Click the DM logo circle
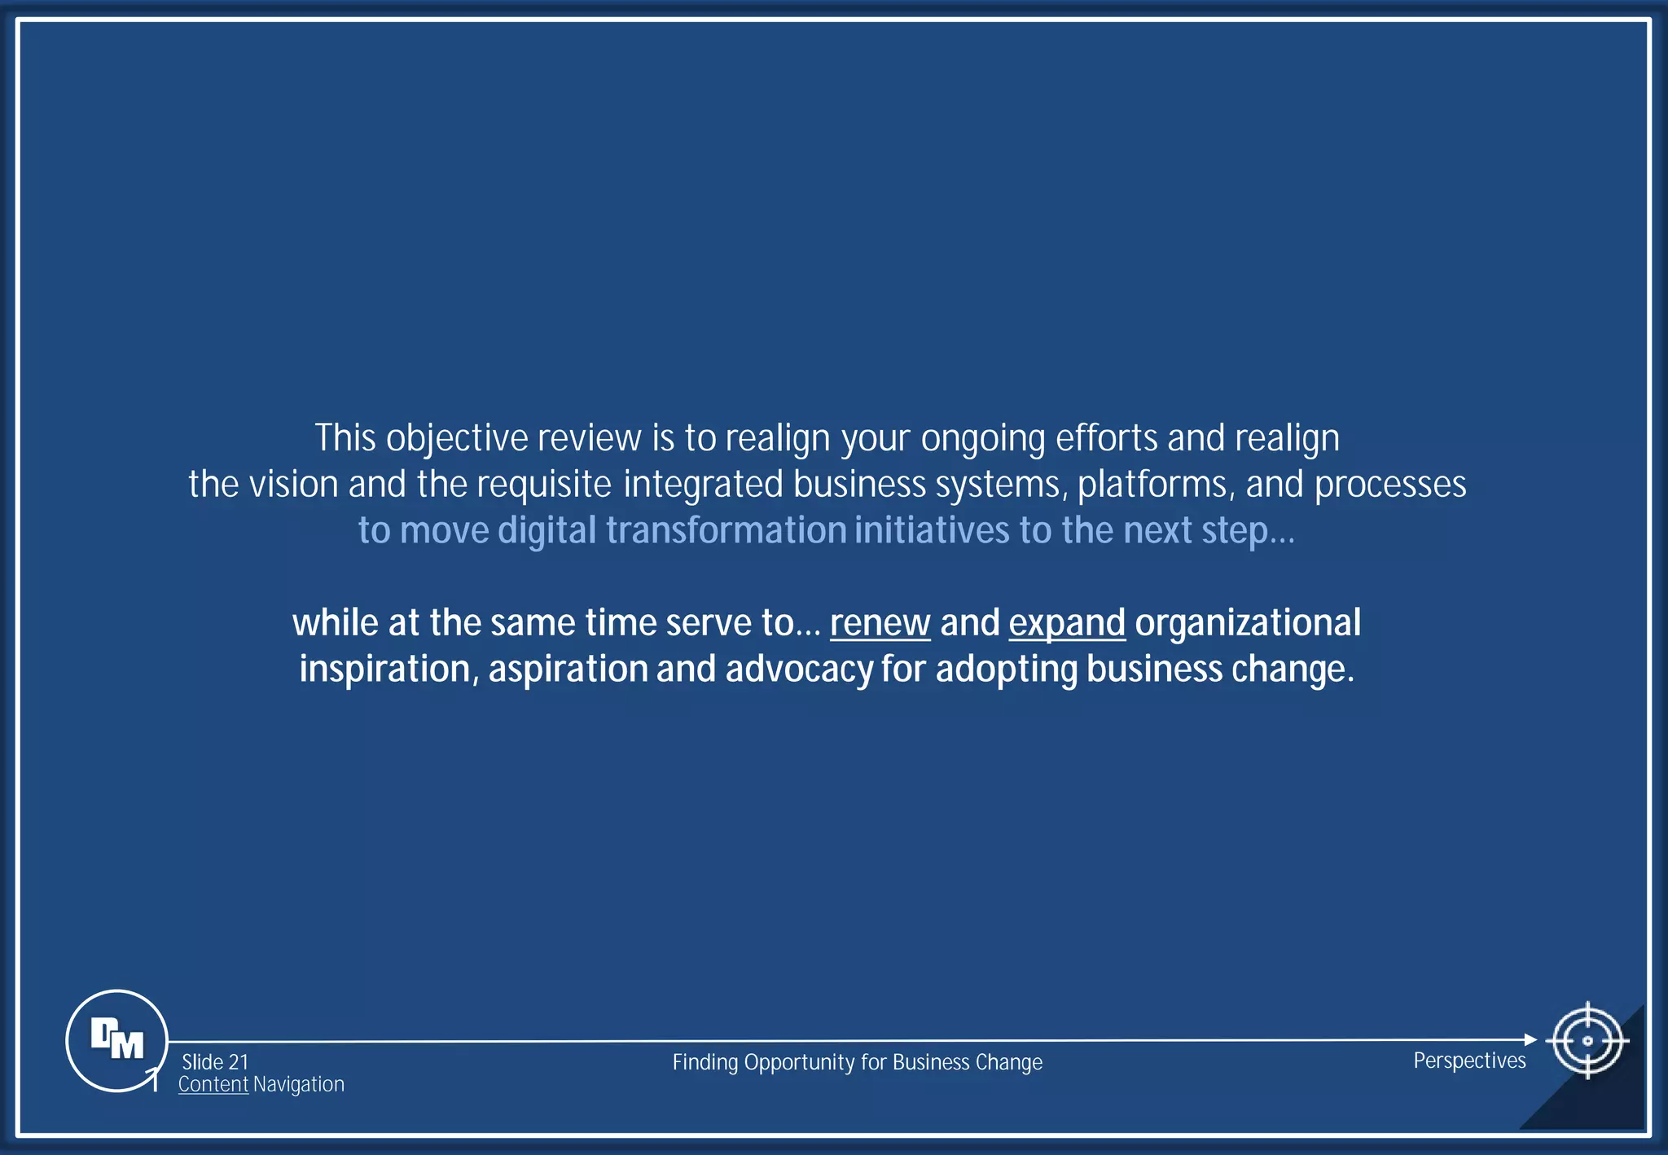116,1040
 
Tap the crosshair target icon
1587,1040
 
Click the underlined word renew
880,623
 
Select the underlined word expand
1067,623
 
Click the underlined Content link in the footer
213,1084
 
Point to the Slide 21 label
215,1062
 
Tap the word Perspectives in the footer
1469,1061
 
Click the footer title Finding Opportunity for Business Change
857,1062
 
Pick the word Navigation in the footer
299,1084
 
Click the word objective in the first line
457,439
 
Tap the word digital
547,531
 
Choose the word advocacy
798,670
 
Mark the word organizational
1248,623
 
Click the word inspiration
384,670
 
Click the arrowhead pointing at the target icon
1530,1039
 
